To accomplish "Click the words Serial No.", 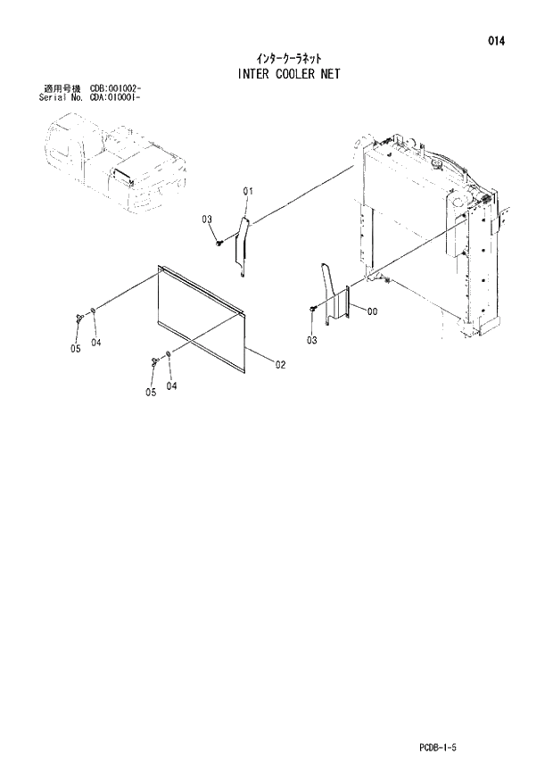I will pos(55,97).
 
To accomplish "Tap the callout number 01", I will pos(248,190).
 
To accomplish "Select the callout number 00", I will pos(372,311).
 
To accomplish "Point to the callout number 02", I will pos(280,364).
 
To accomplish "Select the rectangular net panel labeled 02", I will pos(201,318).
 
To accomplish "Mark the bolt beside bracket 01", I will pos(219,241).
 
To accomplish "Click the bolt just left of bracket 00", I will pos(313,307).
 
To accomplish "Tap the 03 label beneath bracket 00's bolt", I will pos(312,340).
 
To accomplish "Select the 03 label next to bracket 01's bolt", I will pos(206,220).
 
